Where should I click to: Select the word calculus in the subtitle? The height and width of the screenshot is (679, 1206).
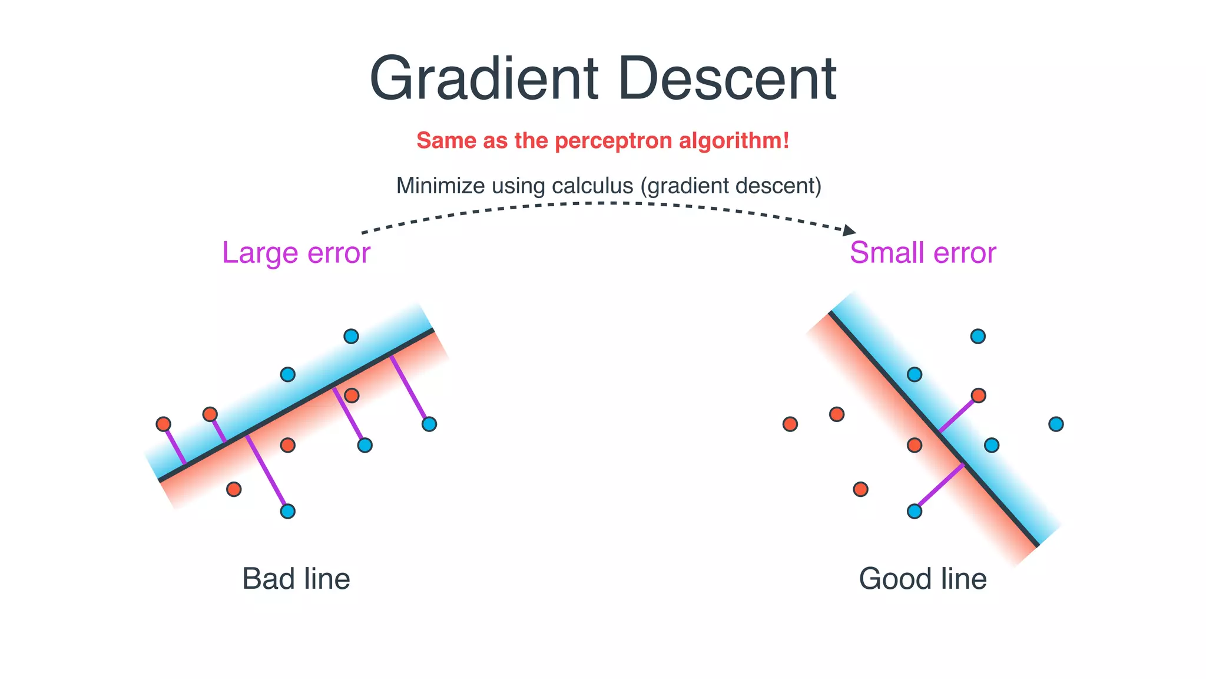point(592,186)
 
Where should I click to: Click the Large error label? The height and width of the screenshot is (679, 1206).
point(296,253)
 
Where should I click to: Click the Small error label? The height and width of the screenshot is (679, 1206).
point(923,253)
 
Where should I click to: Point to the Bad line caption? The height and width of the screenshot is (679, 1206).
point(296,579)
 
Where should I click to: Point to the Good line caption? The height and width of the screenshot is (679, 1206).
point(923,579)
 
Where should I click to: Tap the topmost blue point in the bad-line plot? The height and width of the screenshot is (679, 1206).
point(351,337)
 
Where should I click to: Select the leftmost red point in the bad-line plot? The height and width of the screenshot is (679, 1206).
point(164,424)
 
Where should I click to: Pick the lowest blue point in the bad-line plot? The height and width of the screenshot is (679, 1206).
point(287,511)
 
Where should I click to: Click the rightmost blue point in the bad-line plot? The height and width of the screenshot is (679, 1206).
point(429,424)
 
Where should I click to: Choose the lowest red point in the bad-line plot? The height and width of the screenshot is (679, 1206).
point(234,489)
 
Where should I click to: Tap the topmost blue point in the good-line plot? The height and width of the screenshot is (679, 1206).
point(978,337)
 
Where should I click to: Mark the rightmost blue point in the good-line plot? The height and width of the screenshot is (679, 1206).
point(1056,424)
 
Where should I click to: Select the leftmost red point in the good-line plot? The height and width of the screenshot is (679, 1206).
point(790,424)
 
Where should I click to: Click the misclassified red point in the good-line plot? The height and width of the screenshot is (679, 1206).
point(978,395)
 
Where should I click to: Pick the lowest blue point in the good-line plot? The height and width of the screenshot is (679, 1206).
point(915,511)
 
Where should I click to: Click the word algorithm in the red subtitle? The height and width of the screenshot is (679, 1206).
point(734,141)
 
